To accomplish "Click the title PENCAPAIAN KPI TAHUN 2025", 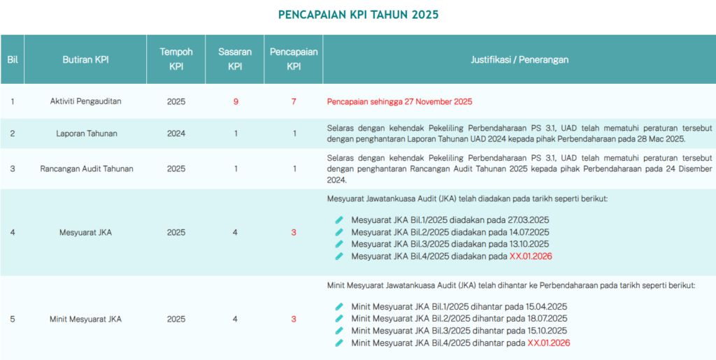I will pos(358,15).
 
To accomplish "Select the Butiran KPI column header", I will pos(85,59).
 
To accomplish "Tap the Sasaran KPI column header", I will pos(236,59).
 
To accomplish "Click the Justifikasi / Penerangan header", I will pos(520,59).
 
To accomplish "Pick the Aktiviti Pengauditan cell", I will pos(85,101).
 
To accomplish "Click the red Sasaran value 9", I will pos(236,101).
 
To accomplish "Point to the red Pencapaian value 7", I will pos(294,101).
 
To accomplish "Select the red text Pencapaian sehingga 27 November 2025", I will pos(399,101).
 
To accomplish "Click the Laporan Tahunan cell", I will pos(85,133).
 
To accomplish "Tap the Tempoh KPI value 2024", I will pos(176,133).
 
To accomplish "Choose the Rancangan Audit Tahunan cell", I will pos(85,168).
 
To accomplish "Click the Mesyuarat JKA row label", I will pos(85,232).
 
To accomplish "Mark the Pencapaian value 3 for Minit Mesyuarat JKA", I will pos(294,319).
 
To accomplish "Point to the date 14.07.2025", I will pos(529,232).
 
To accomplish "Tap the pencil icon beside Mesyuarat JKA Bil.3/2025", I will pos(339,244).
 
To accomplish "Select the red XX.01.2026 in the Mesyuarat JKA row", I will pos(531,257).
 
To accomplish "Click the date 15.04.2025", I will pos(547,306).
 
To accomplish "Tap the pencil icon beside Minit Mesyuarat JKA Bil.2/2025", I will pos(339,319).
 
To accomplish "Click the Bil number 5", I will pos(13,319).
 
